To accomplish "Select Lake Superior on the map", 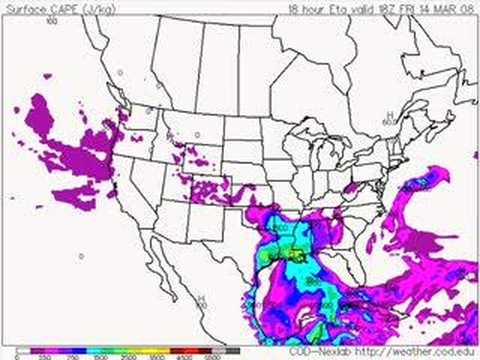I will tap(300, 127).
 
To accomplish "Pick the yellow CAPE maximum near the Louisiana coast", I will tap(296, 259).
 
